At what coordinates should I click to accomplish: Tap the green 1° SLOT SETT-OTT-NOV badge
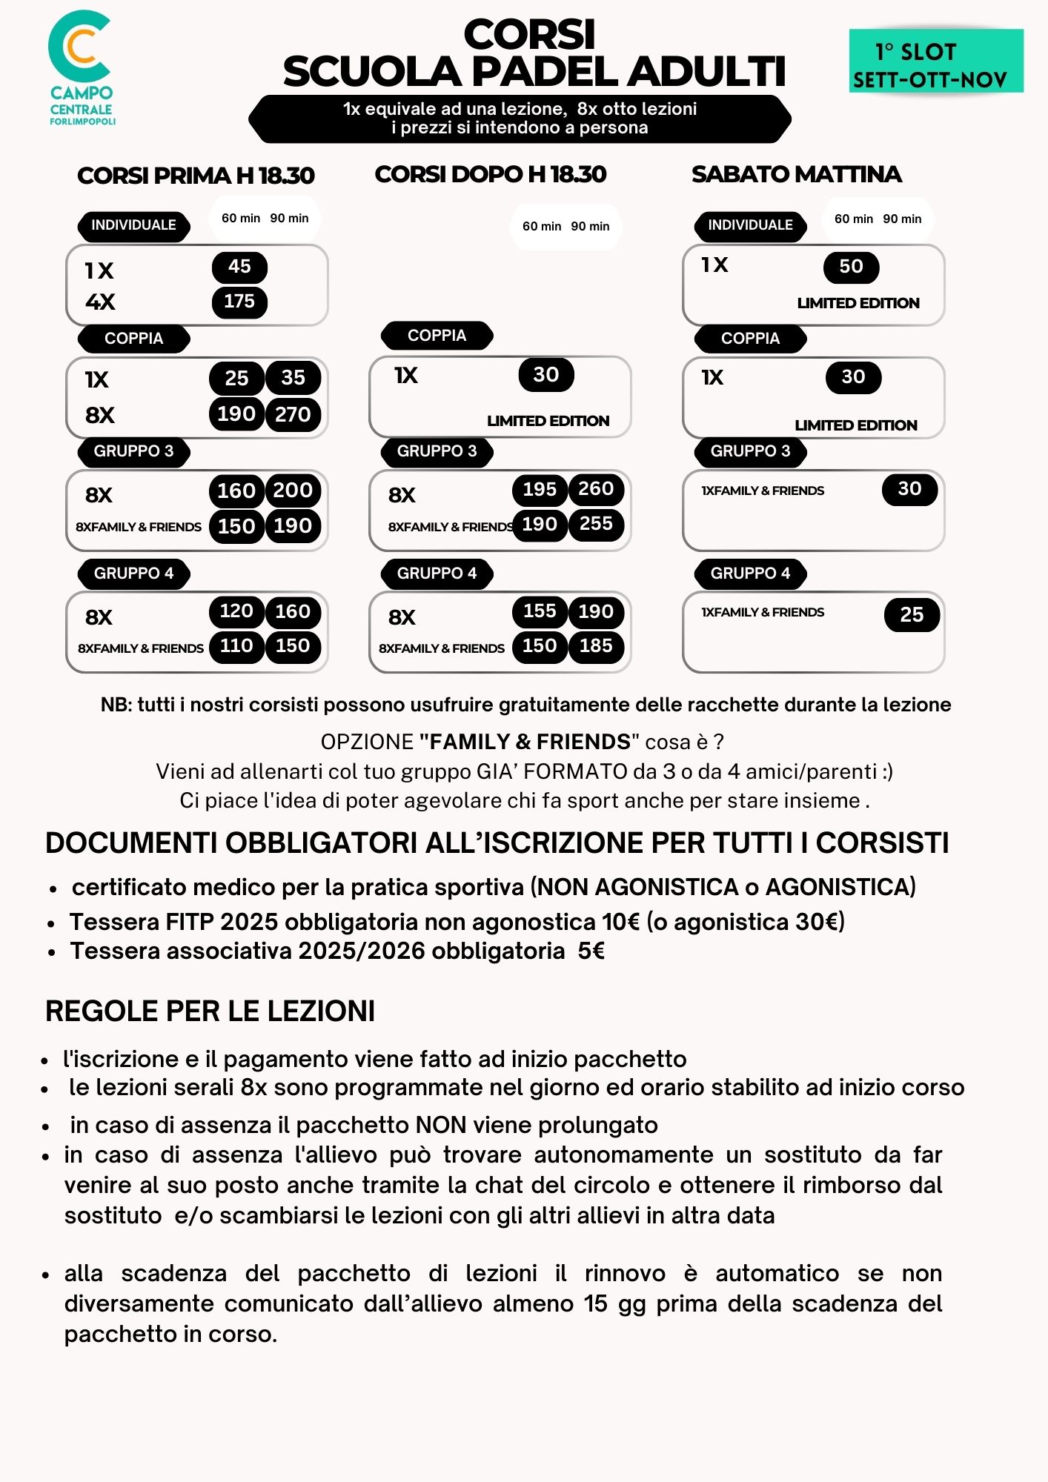935,61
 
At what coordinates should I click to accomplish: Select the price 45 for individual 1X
239,267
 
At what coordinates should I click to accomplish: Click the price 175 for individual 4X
239,302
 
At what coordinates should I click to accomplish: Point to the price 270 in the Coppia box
293,414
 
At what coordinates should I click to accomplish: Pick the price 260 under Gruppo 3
596,489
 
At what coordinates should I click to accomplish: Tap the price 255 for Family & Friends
596,524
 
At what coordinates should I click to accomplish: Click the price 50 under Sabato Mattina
851,267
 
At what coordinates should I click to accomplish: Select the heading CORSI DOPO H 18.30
490,174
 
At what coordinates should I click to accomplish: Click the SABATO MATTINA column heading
796,174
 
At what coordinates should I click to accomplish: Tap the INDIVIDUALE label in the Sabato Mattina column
750,225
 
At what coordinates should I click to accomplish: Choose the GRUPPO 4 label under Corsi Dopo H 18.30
437,574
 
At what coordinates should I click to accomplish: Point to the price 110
236,646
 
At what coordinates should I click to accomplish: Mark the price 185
596,646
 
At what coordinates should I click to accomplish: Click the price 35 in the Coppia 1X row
293,378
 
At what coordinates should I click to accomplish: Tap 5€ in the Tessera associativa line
591,951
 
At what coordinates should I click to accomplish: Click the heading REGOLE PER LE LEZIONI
210,1011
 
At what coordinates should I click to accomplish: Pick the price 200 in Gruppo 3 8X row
293,490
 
